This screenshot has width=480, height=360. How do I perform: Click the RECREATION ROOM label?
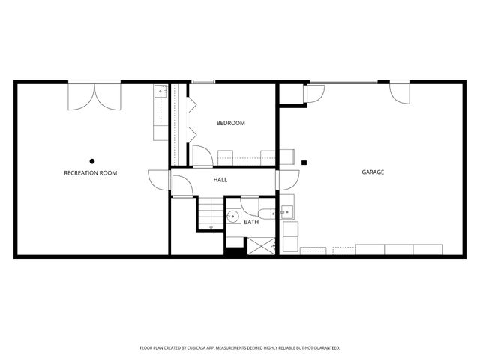91,173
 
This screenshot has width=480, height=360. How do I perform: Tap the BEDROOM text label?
231,123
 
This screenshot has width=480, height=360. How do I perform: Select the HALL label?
220,180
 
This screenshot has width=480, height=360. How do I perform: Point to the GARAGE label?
373,172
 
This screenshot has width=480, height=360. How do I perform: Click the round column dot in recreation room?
92,160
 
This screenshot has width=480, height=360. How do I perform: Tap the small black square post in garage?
304,162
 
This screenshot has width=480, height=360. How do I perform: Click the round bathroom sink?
232,217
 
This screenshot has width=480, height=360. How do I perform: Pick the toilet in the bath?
267,212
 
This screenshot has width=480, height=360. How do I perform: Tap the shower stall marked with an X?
261,245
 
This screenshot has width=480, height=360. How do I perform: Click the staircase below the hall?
211,213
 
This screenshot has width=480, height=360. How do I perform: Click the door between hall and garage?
287,179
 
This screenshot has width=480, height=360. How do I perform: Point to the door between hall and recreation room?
160,180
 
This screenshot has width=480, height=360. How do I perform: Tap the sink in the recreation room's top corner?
160,92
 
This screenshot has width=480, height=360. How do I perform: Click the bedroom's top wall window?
203,81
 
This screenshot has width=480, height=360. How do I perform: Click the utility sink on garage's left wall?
287,212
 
